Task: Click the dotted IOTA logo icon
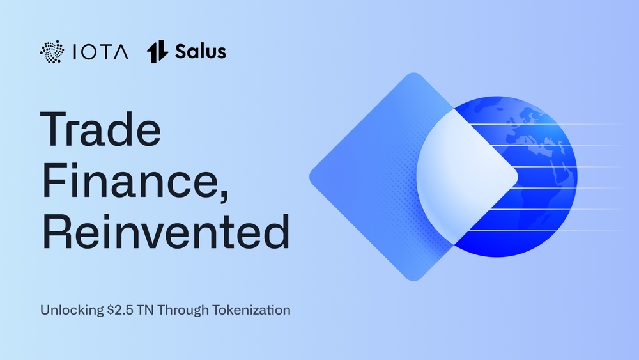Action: pos(52,52)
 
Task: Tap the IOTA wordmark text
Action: pos(101,52)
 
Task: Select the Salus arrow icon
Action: pos(157,52)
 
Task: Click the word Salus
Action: pos(201,52)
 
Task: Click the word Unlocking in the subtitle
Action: pos(72,310)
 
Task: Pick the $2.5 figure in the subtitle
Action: pos(120,310)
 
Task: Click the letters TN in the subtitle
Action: pos(146,310)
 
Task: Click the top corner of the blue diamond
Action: pos(413,73)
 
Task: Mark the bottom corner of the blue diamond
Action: pos(413,281)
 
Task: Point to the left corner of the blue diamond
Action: pos(310,177)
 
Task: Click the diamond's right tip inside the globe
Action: pos(517,177)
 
